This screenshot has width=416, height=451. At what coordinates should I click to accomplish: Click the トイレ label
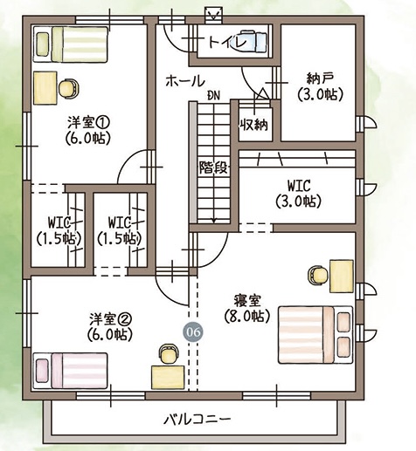[x=227, y=43]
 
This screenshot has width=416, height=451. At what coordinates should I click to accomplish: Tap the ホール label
[x=184, y=81]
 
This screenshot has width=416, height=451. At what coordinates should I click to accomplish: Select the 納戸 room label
[x=320, y=78]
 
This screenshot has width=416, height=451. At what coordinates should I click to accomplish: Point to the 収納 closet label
[x=253, y=125]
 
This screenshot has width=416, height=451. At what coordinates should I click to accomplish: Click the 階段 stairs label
[x=213, y=167]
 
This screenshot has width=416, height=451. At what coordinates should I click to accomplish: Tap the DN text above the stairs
[x=213, y=96]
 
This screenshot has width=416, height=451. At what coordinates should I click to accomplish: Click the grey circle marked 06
[x=193, y=332]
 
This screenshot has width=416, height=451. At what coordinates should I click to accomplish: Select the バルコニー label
[x=197, y=420]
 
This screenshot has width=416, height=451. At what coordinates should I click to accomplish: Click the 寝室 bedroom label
[x=247, y=301]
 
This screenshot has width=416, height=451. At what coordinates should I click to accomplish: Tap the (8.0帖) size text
[x=247, y=315]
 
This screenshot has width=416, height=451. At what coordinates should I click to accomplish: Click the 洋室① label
[x=88, y=123]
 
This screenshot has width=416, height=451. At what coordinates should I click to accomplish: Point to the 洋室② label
[x=110, y=319]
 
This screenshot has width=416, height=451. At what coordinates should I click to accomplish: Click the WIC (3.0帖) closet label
[x=299, y=194]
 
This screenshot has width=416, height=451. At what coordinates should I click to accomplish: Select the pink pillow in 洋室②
[x=42, y=371]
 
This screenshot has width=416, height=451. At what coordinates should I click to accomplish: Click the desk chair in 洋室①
[x=69, y=88]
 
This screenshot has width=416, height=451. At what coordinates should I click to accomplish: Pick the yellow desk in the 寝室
[x=342, y=276]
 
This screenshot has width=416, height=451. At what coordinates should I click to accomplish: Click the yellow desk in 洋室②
[x=168, y=378]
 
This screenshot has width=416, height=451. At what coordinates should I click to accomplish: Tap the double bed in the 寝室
[x=315, y=335]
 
